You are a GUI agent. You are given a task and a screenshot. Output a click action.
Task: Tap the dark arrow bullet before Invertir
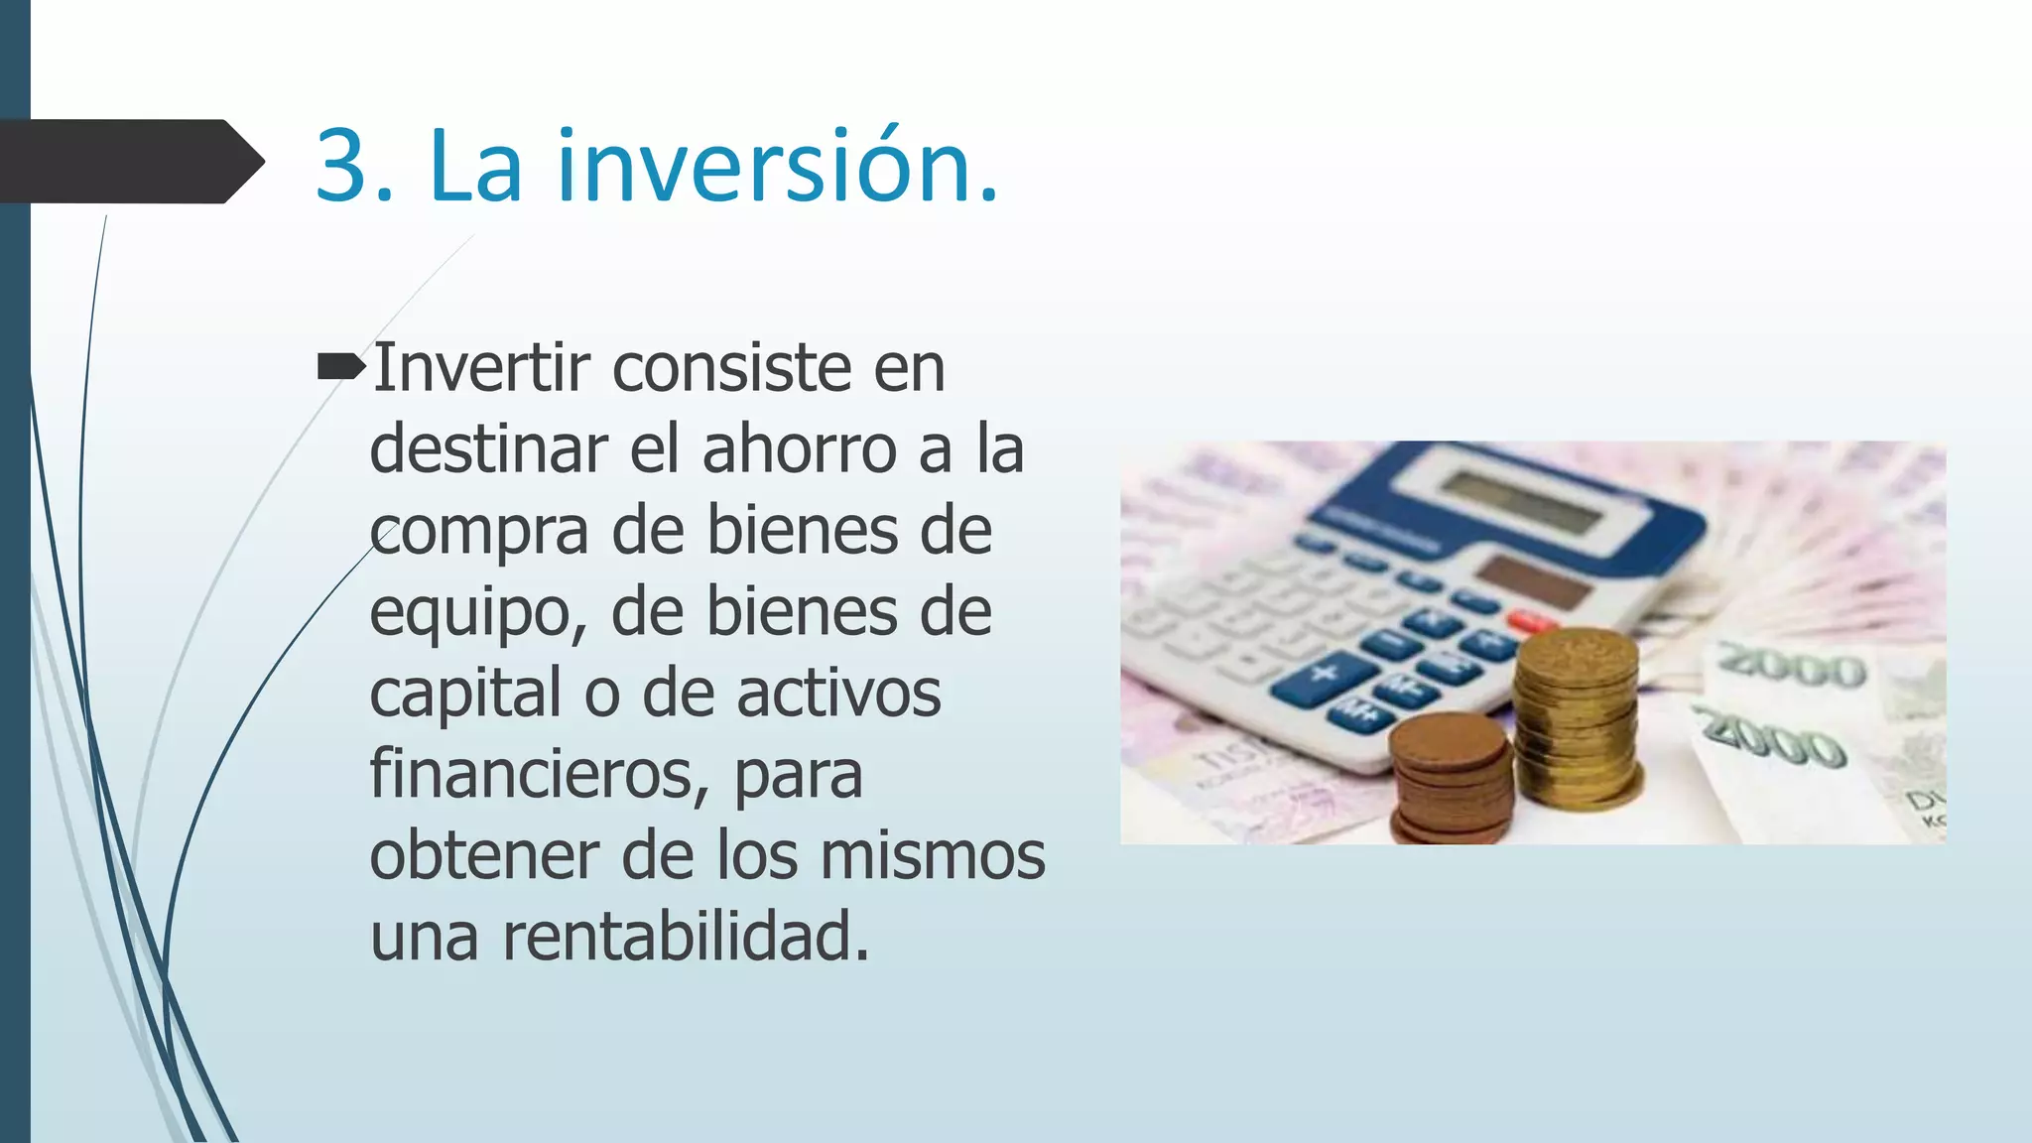click(x=340, y=369)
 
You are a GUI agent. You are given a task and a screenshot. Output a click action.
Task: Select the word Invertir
click(x=481, y=368)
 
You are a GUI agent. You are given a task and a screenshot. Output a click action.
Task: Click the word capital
click(x=465, y=693)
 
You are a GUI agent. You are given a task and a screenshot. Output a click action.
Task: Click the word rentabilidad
click(x=685, y=937)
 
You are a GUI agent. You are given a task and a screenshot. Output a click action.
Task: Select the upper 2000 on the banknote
click(x=1792, y=666)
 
